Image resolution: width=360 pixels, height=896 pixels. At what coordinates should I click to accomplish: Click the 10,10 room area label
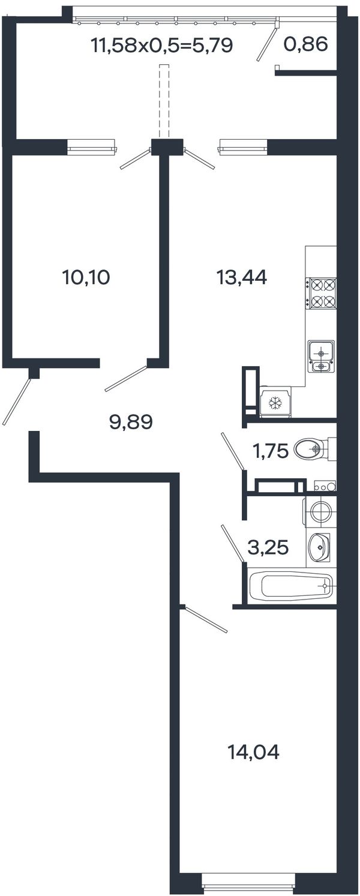coord(86,277)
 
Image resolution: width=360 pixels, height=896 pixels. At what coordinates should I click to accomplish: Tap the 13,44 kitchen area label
coord(241,277)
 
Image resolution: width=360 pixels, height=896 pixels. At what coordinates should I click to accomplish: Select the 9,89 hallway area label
coord(131,422)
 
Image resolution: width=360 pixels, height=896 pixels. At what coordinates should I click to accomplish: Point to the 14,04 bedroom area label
coord(253,752)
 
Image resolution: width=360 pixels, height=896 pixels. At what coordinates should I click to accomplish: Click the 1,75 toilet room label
coord(270,451)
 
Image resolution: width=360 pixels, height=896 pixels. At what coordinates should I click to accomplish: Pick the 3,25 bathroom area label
coord(268,547)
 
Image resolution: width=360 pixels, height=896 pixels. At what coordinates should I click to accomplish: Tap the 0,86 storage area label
coord(305,44)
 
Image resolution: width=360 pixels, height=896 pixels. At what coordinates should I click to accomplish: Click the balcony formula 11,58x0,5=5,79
coord(162,45)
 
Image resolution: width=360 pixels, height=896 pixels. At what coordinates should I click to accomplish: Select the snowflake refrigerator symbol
coord(275,403)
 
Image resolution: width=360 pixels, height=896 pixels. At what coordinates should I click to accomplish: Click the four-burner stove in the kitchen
coord(321,294)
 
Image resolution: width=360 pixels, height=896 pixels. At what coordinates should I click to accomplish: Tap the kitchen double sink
coord(321,356)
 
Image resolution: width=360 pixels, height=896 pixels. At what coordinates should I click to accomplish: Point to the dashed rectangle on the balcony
coord(164,101)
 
